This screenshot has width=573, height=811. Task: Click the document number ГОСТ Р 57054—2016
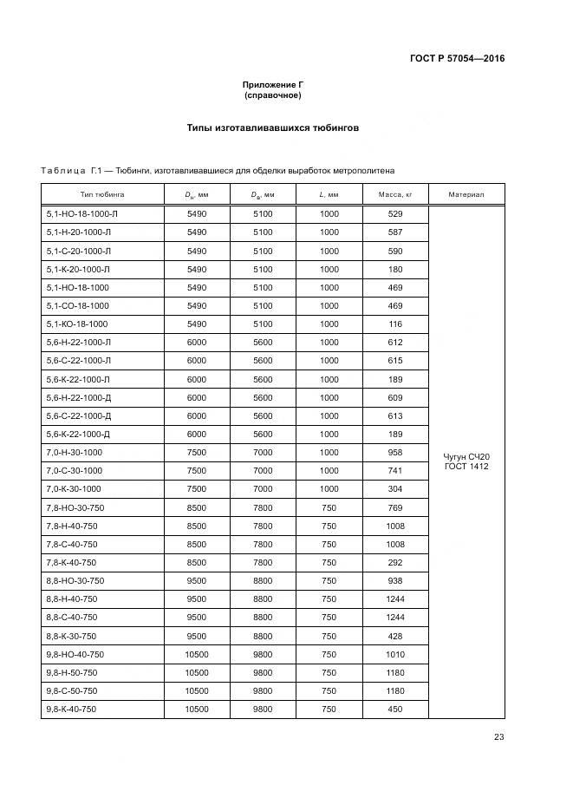[x=457, y=59]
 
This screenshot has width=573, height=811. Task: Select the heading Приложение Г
[x=273, y=84]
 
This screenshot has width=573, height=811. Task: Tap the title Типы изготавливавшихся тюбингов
[x=273, y=128]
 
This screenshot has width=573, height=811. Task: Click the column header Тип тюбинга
[x=102, y=195]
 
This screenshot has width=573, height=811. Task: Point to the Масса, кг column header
[x=394, y=195]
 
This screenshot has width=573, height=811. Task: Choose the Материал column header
[x=466, y=195]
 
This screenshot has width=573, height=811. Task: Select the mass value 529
[x=395, y=213]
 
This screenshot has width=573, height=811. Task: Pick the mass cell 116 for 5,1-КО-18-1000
[x=395, y=324]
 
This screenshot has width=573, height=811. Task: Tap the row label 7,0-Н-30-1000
[x=74, y=452]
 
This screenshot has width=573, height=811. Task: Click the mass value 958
[x=395, y=452]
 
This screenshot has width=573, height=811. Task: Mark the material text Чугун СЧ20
[x=466, y=456]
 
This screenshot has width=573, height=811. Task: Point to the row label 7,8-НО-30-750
[x=75, y=507]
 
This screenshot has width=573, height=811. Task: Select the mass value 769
[x=395, y=507]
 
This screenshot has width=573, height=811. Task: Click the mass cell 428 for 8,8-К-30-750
[x=395, y=636]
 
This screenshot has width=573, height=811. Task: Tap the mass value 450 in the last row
[x=395, y=709]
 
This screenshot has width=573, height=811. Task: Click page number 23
[x=498, y=737]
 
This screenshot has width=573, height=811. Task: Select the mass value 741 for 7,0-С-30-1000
[x=395, y=470]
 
